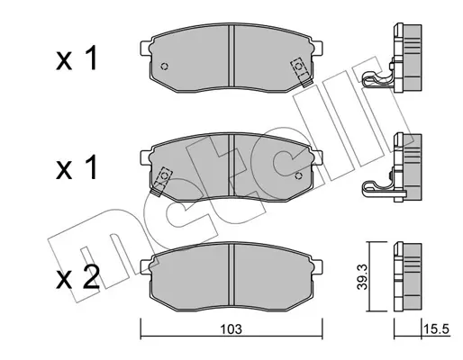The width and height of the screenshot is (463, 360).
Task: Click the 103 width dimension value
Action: tap(231, 329)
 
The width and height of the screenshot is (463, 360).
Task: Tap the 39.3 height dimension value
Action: tap(362, 277)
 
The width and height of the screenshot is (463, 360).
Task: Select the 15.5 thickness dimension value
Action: tap(436, 329)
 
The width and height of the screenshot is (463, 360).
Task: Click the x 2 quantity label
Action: tap(77, 276)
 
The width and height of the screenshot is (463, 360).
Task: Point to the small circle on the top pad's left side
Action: tap(165, 67)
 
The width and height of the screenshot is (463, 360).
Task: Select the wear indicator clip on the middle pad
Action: tap(161, 181)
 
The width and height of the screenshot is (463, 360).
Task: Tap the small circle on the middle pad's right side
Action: tap(298, 175)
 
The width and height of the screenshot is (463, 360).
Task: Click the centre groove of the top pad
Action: tap(231, 57)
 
